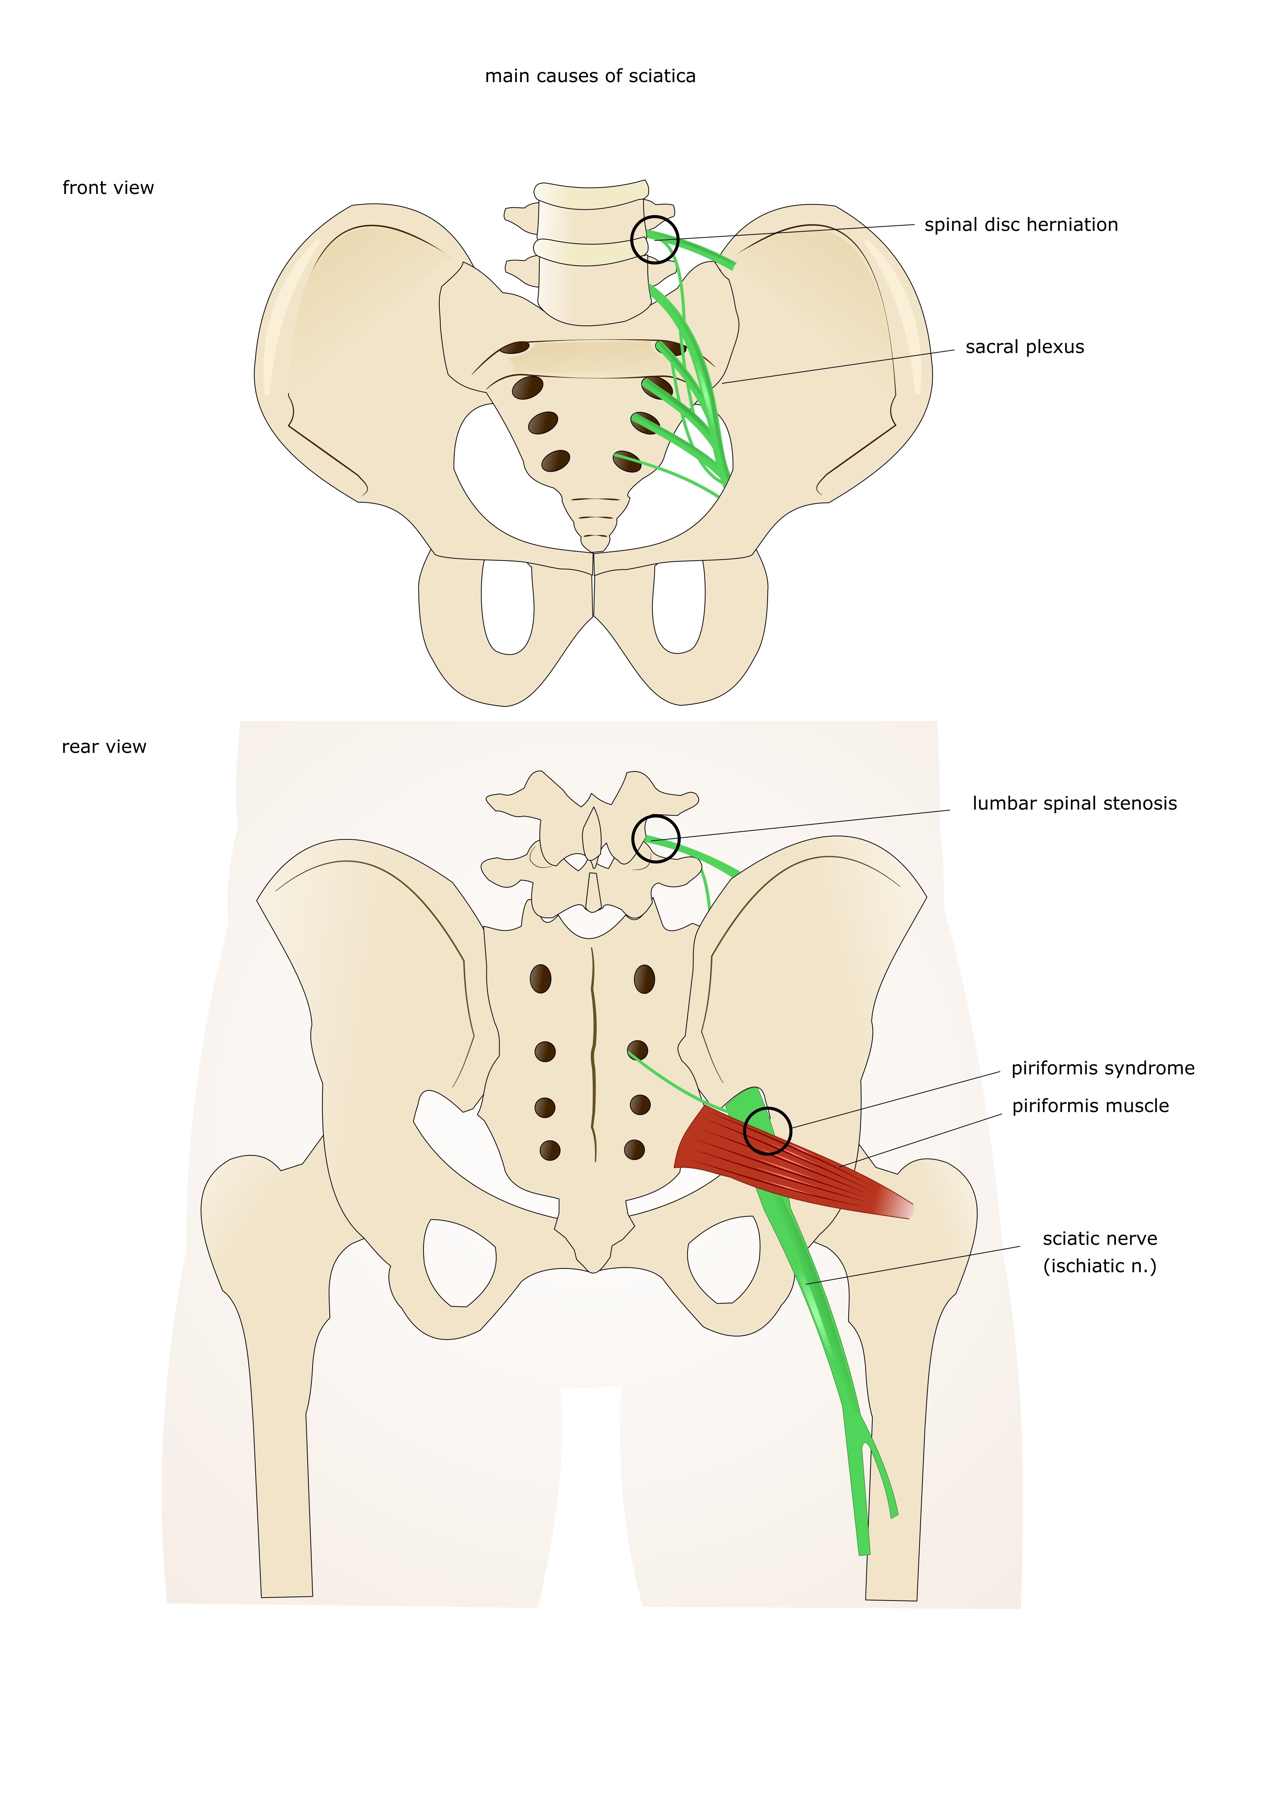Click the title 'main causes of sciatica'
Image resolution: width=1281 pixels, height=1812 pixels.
click(x=590, y=77)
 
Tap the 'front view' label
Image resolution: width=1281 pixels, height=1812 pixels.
click(x=108, y=188)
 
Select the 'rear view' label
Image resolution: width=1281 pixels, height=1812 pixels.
click(x=104, y=747)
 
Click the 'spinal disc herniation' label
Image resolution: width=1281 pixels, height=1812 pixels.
click(x=1021, y=225)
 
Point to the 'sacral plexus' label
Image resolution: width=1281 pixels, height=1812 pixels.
click(x=1025, y=347)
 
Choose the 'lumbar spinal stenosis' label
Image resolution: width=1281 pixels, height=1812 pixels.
click(x=1074, y=804)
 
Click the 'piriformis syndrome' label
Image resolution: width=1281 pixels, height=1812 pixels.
click(x=1103, y=1068)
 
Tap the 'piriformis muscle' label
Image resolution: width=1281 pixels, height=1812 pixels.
click(x=1090, y=1106)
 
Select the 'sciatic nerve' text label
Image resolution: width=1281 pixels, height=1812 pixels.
click(x=1100, y=1238)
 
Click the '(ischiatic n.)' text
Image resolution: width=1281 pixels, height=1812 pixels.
click(x=1100, y=1266)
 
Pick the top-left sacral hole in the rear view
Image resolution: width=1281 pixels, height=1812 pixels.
click(x=540, y=979)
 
